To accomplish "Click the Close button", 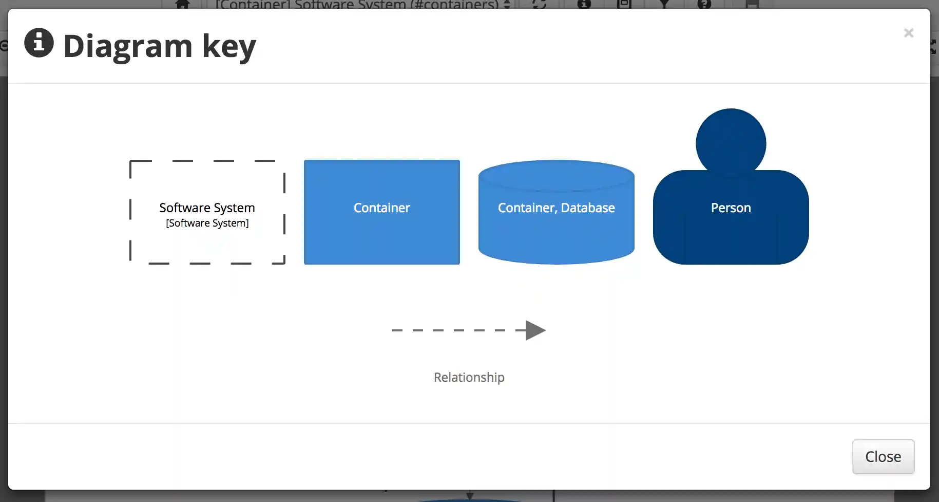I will [883, 457].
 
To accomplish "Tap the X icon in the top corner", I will [908, 33].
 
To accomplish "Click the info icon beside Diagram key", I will [39, 43].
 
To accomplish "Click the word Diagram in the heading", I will [127, 46].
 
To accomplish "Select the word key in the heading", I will [228, 46].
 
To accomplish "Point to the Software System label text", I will [207, 208].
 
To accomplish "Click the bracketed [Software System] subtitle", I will [207, 223].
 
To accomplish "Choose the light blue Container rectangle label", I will [381, 208].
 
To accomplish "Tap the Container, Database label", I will [556, 208].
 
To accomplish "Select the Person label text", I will [731, 208].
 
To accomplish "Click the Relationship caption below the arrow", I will [469, 377].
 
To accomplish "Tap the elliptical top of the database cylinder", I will [556, 175].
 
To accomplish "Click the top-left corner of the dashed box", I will [131, 162].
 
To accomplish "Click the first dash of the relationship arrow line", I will [397, 330].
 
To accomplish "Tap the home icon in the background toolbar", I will [183, 4].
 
